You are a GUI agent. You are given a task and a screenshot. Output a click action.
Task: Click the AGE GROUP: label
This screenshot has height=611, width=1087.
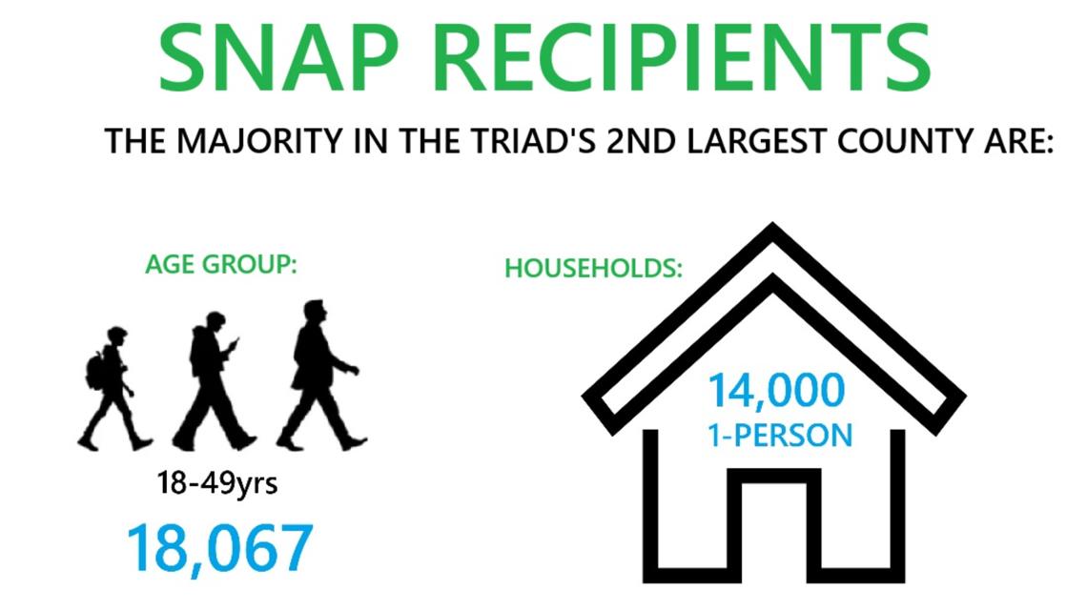[x=221, y=265]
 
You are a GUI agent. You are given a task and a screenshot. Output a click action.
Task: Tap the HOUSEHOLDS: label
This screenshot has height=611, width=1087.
[x=593, y=269]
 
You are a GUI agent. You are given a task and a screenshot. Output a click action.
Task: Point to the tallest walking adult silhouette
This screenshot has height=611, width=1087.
[x=318, y=377]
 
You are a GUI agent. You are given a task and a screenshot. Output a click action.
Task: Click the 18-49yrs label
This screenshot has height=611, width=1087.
[x=217, y=483]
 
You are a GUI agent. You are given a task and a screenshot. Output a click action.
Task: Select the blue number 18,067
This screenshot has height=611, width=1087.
[x=219, y=548]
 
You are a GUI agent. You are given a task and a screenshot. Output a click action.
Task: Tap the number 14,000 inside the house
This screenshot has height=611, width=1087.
[x=775, y=392]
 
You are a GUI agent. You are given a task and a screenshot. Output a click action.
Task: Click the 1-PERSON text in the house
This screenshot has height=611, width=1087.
[x=779, y=436]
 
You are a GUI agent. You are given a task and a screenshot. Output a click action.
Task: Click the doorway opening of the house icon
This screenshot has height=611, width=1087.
[x=773, y=534]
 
